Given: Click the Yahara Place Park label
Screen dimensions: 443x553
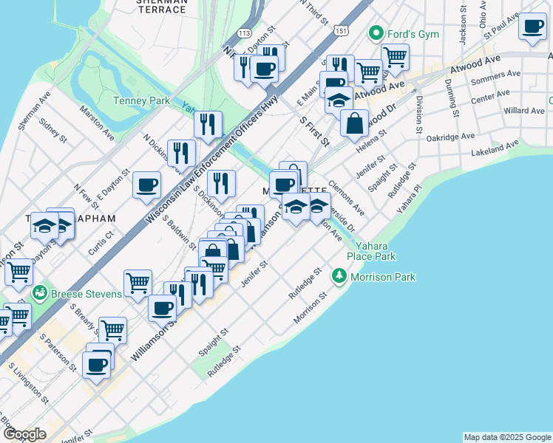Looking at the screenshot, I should [x=375, y=251].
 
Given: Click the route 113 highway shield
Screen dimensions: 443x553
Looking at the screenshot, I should [x=245, y=33].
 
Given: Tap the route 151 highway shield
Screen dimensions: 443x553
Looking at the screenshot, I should [x=340, y=30].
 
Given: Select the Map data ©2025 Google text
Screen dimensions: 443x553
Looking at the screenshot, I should [x=507, y=437].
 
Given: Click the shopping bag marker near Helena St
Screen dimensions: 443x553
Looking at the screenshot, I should [x=355, y=122].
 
